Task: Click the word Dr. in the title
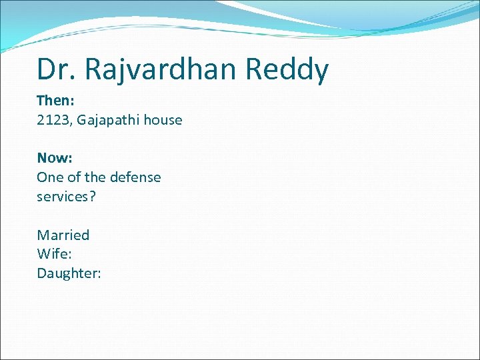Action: tap(55, 69)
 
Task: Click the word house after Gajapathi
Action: tap(163, 120)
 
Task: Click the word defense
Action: tap(135, 177)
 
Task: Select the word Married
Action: tap(63, 235)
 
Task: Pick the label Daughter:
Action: tap(69, 273)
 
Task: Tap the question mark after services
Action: tap(93, 197)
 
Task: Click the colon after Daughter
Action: tap(99, 274)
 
